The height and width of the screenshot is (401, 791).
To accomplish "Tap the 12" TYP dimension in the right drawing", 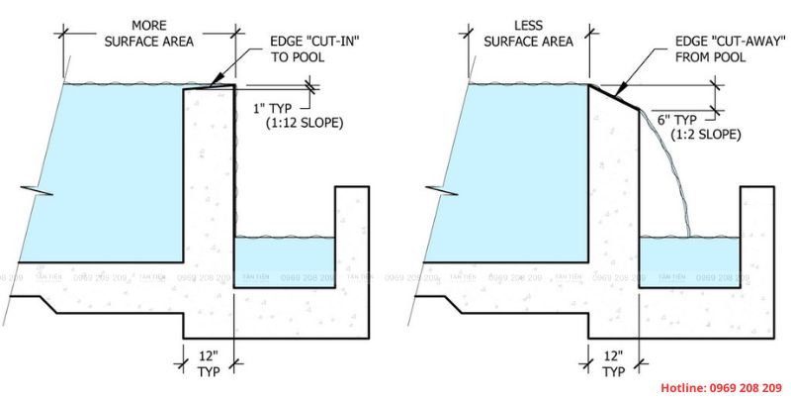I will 613,363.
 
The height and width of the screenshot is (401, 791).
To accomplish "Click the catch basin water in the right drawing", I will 688,259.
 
